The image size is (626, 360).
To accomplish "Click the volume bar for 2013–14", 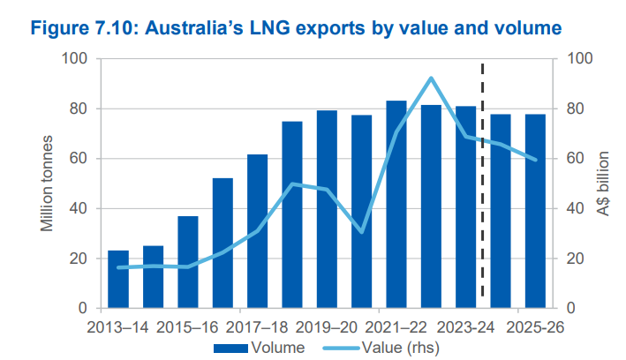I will [118, 279].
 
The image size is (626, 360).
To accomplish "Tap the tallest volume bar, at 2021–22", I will [396, 205].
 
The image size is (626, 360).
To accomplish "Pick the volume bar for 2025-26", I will [535, 211].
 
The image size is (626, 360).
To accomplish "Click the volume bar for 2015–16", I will [188, 262].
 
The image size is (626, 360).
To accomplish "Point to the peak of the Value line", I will [431, 79].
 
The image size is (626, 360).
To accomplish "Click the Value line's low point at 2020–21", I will [362, 231].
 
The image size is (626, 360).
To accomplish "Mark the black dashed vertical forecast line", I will [483, 176].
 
